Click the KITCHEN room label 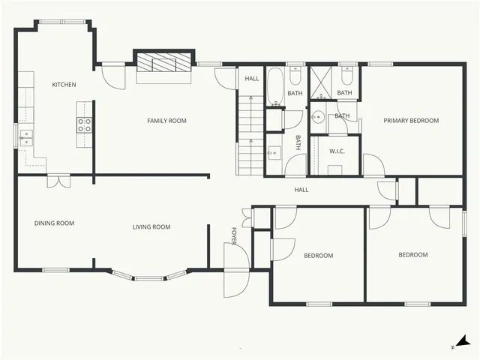(64, 85)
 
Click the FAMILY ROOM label (166, 121)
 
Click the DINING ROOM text (55, 223)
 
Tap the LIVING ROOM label (151, 227)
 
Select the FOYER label (234, 235)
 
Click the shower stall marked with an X (323, 82)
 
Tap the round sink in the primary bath (317, 117)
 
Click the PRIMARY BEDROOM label (411, 121)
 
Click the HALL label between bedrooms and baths (301, 190)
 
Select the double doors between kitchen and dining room (58, 181)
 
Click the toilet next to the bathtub (295, 77)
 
